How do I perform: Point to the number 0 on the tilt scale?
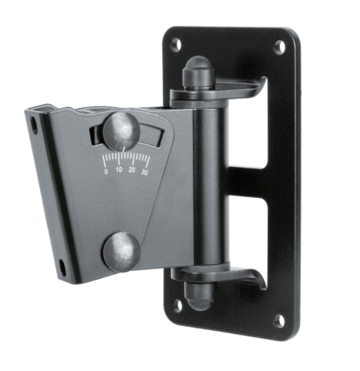[x=106, y=171]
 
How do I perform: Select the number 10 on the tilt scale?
[x=119, y=170]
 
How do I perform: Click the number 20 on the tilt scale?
[x=132, y=170]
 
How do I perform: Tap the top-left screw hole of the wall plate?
[x=176, y=44]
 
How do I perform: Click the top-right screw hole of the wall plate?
[x=279, y=48]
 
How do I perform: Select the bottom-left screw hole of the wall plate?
[x=177, y=304]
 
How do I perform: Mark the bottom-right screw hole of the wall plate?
[x=279, y=320]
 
